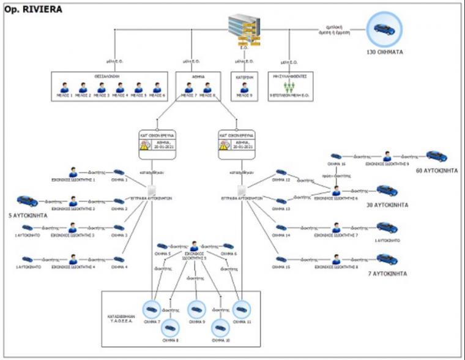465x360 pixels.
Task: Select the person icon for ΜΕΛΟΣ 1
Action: coord(64,88)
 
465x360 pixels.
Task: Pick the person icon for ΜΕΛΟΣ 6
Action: coord(157,88)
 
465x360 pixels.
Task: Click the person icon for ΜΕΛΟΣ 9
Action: coord(243,88)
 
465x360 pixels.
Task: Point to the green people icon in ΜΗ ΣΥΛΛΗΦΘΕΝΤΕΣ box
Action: coord(291,86)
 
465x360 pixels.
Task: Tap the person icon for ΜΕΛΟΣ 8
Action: coord(207,88)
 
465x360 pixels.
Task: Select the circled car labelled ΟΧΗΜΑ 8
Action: coord(171,328)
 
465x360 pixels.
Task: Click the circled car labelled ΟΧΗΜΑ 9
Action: coord(196,310)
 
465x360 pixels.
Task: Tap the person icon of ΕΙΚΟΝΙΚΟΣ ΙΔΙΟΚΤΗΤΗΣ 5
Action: coord(195,246)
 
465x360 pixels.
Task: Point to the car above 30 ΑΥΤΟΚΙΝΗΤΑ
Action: coord(387,190)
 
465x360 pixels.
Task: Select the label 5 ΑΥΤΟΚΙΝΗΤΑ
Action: coord(27,216)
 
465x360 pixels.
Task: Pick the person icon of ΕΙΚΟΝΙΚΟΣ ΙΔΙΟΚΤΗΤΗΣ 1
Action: coord(73,172)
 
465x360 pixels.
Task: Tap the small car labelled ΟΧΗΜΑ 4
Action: coord(119,259)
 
